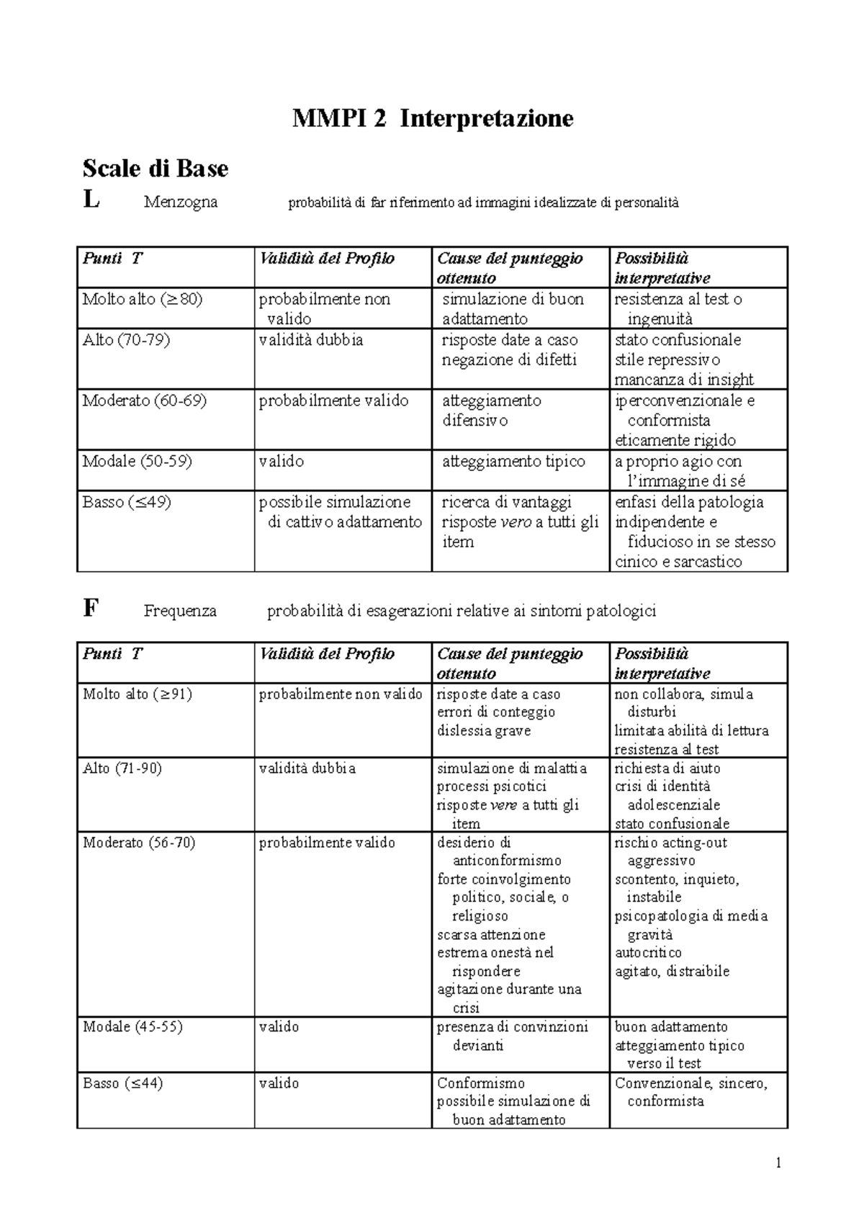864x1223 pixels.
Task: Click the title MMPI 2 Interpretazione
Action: pos(432,118)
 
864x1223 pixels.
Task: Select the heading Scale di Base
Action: pos(155,169)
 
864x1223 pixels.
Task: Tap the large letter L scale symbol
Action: pos(91,200)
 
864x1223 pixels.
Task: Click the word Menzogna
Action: pos(180,202)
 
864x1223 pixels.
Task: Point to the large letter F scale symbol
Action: pos(90,609)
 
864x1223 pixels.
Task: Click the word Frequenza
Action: pos(179,611)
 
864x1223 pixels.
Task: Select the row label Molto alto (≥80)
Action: pos(142,299)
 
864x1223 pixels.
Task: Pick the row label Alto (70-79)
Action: pos(126,340)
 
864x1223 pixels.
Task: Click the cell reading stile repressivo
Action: pos(667,360)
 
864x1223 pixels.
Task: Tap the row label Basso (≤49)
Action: pos(126,502)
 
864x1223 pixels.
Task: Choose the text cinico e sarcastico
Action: pos(678,562)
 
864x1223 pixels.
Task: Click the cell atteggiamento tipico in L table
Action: pos(513,462)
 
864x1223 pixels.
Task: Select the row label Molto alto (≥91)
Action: pos(137,694)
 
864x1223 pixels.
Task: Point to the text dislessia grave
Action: pos(483,731)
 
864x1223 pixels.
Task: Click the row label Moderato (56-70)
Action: pos(139,843)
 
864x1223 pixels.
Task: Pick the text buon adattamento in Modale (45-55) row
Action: pos(670,1027)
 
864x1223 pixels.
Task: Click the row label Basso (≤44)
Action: pos(122,1083)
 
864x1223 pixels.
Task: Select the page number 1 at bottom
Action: pos(779,1162)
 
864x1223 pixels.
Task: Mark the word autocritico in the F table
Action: pos(647,953)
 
